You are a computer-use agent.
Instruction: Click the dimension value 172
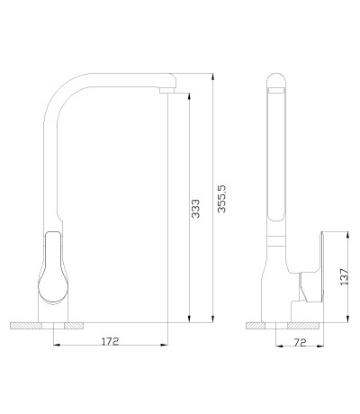pyautogui.click(x=111, y=341)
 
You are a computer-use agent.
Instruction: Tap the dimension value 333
pyautogui.click(x=195, y=208)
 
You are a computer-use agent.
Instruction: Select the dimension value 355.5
pyautogui.click(x=222, y=199)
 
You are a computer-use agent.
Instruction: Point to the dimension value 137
pyautogui.click(x=345, y=277)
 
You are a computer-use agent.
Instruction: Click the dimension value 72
pyautogui.click(x=300, y=342)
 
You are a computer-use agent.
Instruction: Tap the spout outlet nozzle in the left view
pyautogui.click(x=166, y=90)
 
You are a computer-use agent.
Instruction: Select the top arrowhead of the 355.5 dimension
pyautogui.click(x=212, y=76)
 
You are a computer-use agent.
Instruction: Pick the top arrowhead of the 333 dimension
pyautogui.click(x=189, y=96)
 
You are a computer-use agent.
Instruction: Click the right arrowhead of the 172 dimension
pyautogui.click(x=164, y=345)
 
